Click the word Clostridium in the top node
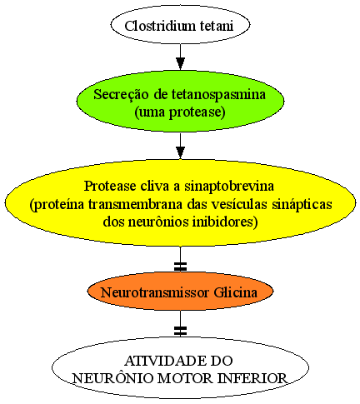click(160, 26)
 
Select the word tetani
click(217, 26)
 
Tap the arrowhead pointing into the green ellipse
click(180, 63)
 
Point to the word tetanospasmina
click(218, 94)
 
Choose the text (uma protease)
click(180, 112)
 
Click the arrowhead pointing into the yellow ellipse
click(180, 152)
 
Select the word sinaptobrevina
click(229, 186)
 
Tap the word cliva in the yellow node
click(155, 186)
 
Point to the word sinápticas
click(302, 205)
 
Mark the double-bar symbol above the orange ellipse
click(180, 267)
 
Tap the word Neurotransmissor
click(155, 292)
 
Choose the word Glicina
click(236, 292)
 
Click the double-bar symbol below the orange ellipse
click(180, 331)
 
